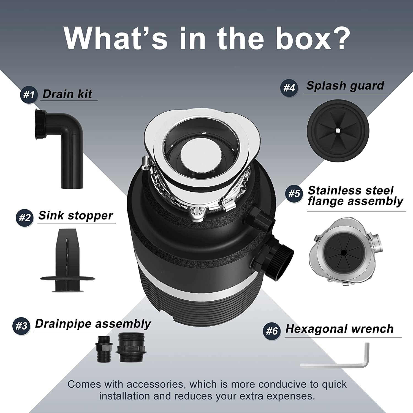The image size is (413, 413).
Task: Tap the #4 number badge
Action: (289, 88)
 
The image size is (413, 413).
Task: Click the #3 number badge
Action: (21, 326)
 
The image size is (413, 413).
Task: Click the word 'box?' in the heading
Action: (313, 38)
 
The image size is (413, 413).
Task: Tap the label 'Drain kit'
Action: (67, 94)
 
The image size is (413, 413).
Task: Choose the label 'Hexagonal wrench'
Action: (339, 329)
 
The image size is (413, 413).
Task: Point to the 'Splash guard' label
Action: (345, 86)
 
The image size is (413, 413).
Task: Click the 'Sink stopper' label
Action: (76, 216)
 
